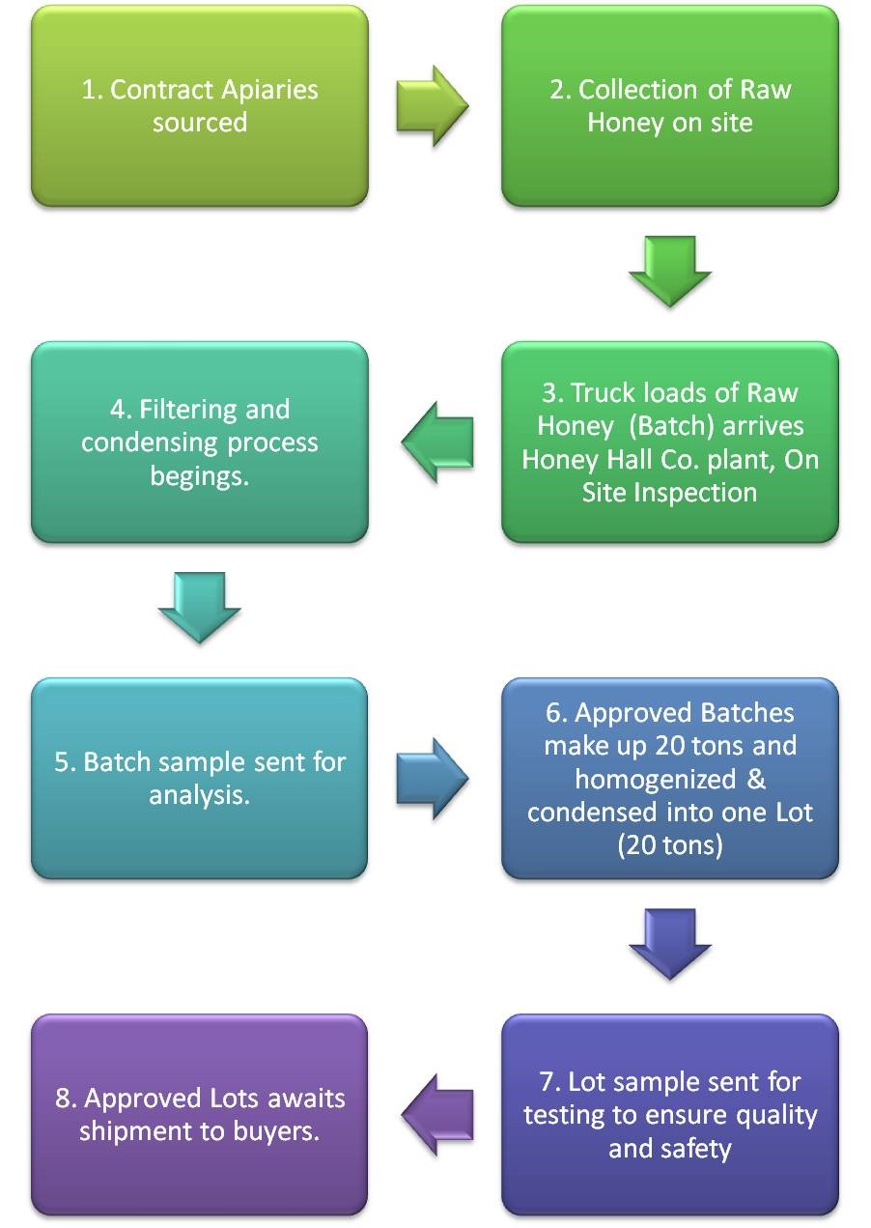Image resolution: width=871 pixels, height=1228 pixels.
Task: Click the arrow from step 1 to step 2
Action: point(432,105)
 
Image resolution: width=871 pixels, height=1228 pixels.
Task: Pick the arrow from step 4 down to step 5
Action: point(199,607)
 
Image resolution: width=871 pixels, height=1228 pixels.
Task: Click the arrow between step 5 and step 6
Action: point(432,778)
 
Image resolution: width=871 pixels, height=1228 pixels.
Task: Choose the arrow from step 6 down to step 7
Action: point(669,945)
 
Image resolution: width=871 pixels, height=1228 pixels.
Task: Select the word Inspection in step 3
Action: point(695,492)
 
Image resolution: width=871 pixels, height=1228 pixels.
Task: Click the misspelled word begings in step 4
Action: point(199,475)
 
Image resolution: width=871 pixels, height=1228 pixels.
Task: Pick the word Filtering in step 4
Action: point(186,409)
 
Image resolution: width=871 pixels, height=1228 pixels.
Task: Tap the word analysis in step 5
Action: point(199,796)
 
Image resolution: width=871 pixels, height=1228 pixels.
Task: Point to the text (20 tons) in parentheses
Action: point(669,845)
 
